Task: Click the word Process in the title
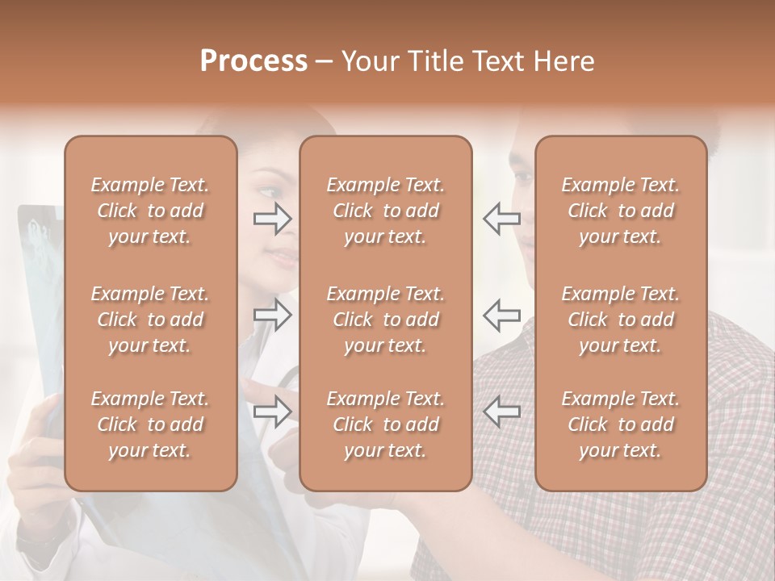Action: click(253, 61)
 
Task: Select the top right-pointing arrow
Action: click(273, 218)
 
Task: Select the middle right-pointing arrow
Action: click(273, 315)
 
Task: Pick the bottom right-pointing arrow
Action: click(273, 411)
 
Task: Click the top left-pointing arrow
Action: click(501, 218)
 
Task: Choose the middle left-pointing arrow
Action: click(501, 315)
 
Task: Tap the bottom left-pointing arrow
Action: click(501, 411)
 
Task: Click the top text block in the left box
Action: click(150, 211)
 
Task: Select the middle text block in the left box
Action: click(150, 320)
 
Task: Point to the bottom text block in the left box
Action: click(150, 424)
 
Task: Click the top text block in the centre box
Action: click(386, 211)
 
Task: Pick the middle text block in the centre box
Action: click(386, 320)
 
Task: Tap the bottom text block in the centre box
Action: click(386, 424)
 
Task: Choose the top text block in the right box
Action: click(621, 211)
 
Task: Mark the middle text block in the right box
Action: click(621, 320)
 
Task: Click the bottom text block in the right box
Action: click(621, 424)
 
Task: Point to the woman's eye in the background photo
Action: click(269, 192)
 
